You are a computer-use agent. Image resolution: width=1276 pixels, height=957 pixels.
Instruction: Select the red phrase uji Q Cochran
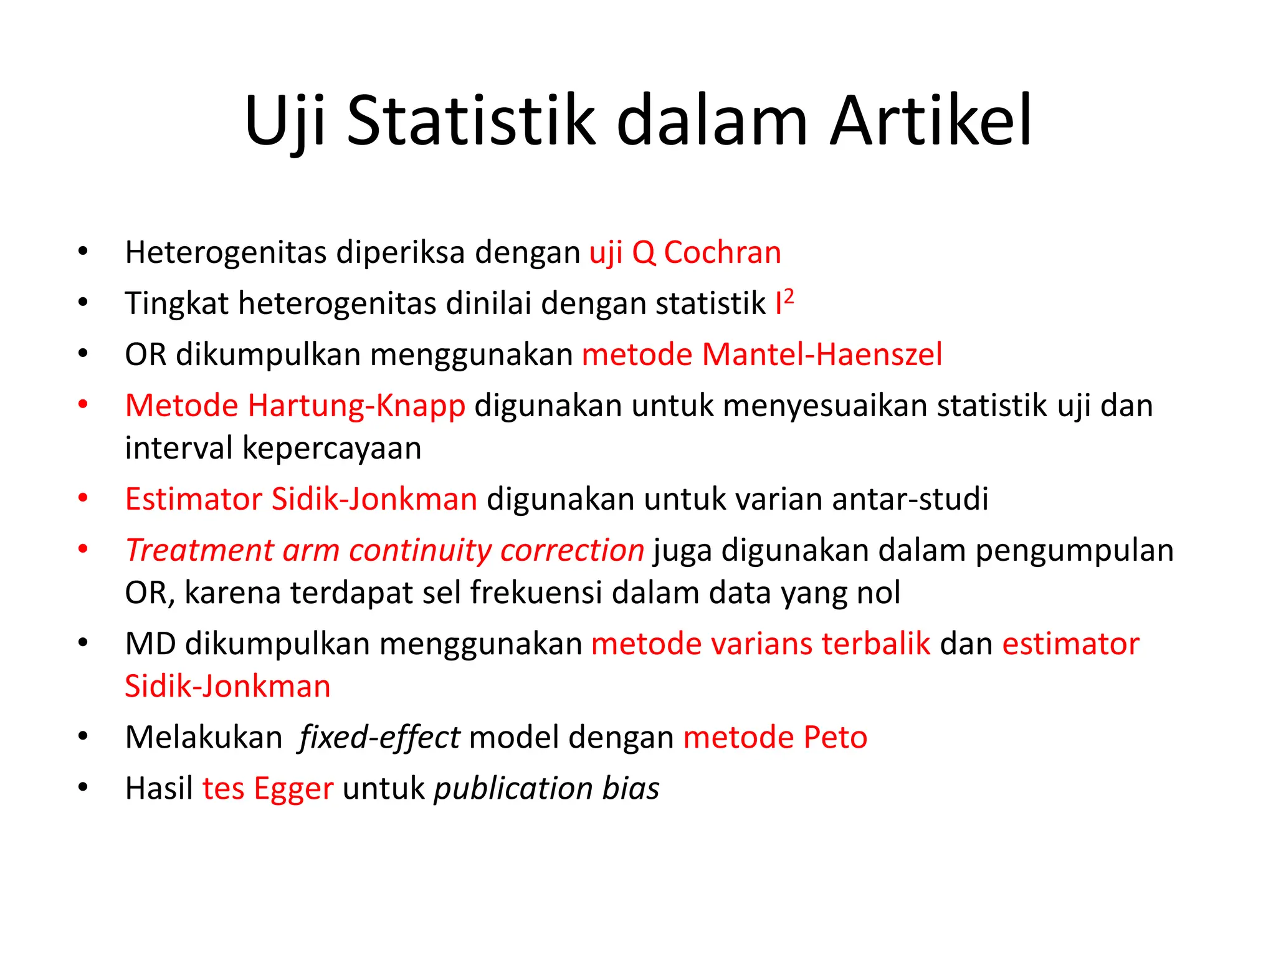(685, 253)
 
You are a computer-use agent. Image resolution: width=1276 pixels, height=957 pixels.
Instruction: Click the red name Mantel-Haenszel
(822, 355)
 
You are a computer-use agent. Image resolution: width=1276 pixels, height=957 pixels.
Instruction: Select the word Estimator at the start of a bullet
(193, 499)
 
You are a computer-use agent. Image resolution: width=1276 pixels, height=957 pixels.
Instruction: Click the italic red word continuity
(420, 550)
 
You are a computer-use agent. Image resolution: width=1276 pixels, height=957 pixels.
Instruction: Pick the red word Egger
(293, 789)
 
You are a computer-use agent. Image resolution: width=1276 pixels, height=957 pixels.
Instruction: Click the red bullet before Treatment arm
(83, 549)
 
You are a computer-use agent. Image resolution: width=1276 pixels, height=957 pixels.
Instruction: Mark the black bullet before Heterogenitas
(83, 252)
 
